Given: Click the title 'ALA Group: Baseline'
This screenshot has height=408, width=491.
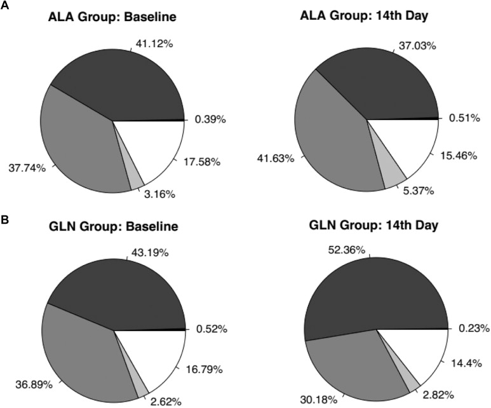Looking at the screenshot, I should click(x=112, y=17).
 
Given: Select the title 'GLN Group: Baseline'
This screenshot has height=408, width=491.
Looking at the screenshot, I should click(x=112, y=228).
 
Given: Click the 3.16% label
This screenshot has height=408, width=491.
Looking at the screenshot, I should click(x=156, y=194).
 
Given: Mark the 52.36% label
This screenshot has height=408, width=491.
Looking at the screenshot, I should click(x=346, y=250).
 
